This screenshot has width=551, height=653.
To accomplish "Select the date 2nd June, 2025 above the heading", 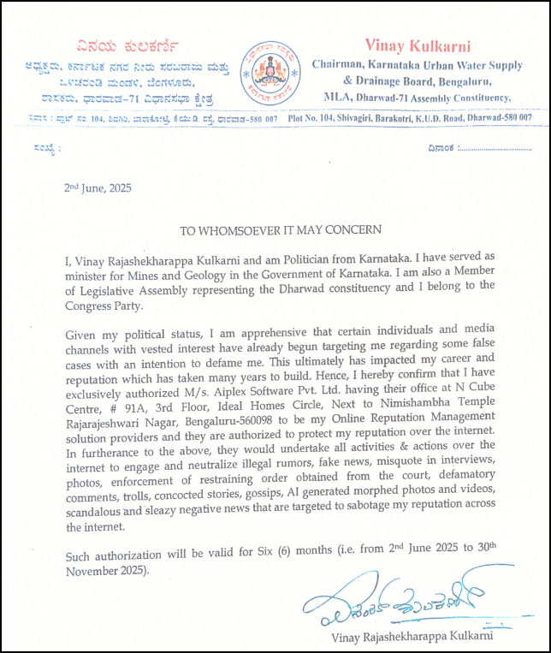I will click(100, 187).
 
